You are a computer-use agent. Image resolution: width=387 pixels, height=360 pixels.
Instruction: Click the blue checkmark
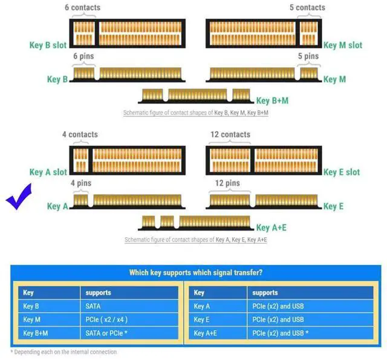[x=20, y=200]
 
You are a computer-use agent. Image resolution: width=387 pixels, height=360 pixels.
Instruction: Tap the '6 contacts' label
[x=82, y=7]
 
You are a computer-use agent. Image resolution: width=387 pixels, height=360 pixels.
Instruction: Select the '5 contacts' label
[x=307, y=7]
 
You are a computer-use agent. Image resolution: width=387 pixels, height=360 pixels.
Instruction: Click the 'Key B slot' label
[x=48, y=45]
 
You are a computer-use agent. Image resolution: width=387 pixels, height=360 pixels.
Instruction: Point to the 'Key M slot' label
[x=343, y=45]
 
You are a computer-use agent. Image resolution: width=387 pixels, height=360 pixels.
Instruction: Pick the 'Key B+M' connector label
[x=272, y=100]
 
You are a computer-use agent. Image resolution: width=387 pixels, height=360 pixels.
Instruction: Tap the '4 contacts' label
[x=79, y=134]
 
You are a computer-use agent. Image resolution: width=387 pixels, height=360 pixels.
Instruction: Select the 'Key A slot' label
[x=48, y=172]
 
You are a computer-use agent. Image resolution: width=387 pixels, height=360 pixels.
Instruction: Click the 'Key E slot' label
[x=342, y=172]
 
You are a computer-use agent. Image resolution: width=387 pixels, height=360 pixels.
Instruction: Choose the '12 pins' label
[x=227, y=183]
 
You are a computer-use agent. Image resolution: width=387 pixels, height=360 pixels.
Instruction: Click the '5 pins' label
[x=308, y=56]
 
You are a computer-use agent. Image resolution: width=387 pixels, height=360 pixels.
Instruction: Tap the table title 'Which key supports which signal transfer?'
[x=196, y=272]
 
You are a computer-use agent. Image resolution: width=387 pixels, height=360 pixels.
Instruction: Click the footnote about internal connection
[x=63, y=352]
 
